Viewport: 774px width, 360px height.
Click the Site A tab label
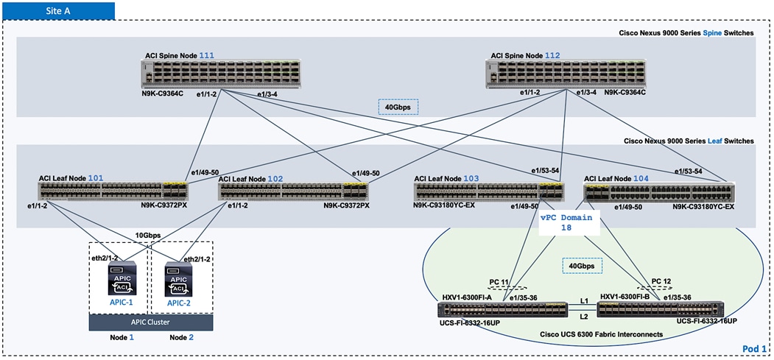point(58,10)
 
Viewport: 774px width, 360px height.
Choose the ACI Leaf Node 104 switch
point(659,192)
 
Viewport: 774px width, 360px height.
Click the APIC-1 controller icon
point(119,280)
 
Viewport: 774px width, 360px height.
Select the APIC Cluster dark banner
point(150,322)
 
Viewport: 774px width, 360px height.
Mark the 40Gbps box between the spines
point(398,107)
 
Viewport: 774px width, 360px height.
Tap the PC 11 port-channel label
point(499,282)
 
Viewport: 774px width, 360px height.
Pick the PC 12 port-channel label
point(661,280)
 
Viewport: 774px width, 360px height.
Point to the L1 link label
point(583,302)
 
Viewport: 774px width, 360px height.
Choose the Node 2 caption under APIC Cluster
point(181,337)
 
